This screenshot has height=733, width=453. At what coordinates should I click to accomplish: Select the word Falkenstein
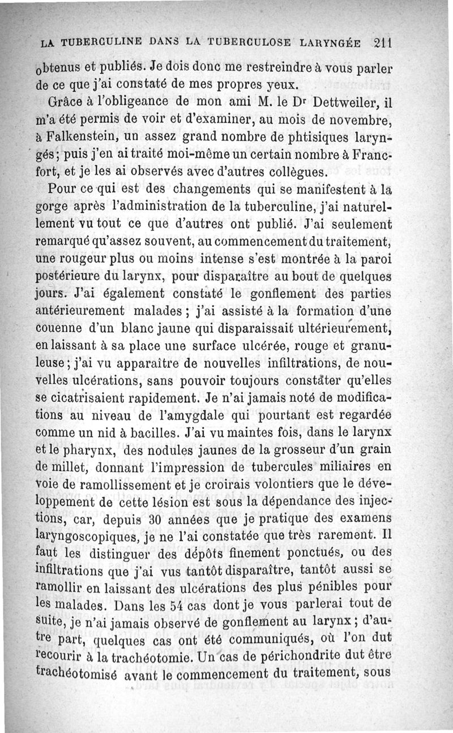point(86,138)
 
